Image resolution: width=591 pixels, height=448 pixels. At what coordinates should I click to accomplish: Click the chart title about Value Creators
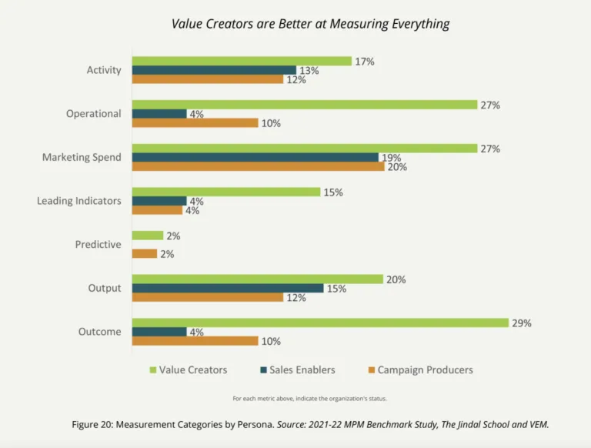pyautogui.click(x=310, y=24)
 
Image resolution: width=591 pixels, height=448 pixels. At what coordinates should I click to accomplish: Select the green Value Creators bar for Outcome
pyautogui.click(x=319, y=323)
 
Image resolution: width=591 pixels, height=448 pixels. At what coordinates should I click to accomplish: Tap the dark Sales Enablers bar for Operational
pyautogui.click(x=159, y=114)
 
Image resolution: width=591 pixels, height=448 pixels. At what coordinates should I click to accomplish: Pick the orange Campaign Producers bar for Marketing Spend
pyautogui.click(x=258, y=166)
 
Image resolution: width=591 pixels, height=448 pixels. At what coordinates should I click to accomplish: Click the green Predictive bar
pyautogui.click(x=148, y=236)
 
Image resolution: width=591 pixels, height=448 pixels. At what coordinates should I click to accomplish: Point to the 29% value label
pyautogui.click(x=521, y=323)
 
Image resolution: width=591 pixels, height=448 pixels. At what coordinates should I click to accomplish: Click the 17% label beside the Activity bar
pyautogui.click(x=364, y=61)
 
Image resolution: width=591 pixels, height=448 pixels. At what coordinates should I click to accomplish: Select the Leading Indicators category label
pyautogui.click(x=79, y=201)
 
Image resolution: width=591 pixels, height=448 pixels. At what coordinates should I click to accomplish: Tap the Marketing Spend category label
pyautogui.click(x=82, y=157)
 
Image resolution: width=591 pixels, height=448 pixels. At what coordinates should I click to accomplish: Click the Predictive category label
pyautogui.click(x=98, y=245)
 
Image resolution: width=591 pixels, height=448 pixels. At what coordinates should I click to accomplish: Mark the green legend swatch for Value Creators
pyautogui.click(x=152, y=370)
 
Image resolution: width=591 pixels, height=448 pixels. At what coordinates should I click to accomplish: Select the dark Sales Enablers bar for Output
pyautogui.click(x=228, y=288)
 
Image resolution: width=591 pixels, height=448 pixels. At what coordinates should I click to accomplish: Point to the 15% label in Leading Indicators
pyautogui.click(x=332, y=192)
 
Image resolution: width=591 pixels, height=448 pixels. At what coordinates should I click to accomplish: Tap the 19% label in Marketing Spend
pyautogui.click(x=391, y=158)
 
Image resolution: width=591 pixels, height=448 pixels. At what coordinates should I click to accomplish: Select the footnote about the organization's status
pyautogui.click(x=309, y=398)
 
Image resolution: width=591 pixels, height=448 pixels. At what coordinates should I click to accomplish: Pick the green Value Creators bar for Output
pyautogui.click(x=257, y=279)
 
